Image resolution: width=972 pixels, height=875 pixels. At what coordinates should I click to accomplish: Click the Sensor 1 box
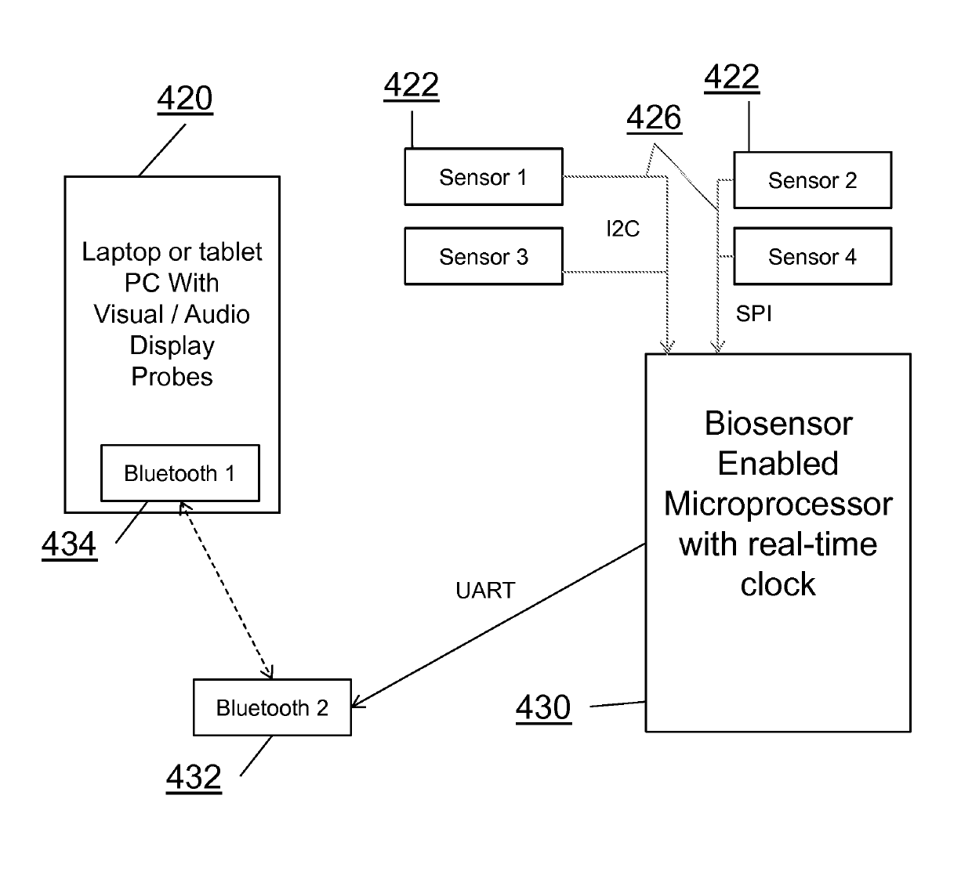pyautogui.click(x=484, y=177)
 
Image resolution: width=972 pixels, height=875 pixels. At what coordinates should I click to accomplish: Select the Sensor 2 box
pyautogui.click(x=813, y=180)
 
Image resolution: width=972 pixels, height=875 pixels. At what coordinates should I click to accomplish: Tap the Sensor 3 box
pyautogui.click(x=484, y=256)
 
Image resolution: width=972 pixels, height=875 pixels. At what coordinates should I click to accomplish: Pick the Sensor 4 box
pyautogui.click(x=813, y=256)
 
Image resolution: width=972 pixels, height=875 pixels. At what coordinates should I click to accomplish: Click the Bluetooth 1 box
pyautogui.click(x=180, y=473)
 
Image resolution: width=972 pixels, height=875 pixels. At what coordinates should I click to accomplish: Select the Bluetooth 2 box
pyautogui.click(x=272, y=707)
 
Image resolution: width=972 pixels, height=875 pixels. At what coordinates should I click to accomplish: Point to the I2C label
pyautogui.click(x=622, y=229)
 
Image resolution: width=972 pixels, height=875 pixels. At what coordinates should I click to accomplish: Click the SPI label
pyautogui.click(x=753, y=314)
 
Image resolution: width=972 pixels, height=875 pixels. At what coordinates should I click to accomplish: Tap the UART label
pyautogui.click(x=485, y=591)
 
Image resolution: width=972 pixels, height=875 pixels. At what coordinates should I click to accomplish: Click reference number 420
pyautogui.click(x=185, y=99)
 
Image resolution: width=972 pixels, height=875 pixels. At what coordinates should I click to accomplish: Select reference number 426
pyautogui.click(x=654, y=118)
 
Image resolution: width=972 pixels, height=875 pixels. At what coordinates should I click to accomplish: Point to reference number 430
pyautogui.click(x=543, y=707)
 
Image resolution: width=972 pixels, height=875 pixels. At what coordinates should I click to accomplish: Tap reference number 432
pyautogui.click(x=194, y=777)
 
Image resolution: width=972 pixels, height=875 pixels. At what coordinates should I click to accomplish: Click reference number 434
pyautogui.click(x=69, y=544)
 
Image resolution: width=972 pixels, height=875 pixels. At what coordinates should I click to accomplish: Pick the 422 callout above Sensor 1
pyautogui.click(x=412, y=85)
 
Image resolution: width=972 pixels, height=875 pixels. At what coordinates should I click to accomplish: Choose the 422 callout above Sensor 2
pyautogui.click(x=731, y=78)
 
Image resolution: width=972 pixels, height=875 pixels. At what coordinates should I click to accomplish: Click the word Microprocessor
pyautogui.click(x=778, y=504)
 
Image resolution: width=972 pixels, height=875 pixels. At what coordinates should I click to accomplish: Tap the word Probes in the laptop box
pyautogui.click(x=172, y=377)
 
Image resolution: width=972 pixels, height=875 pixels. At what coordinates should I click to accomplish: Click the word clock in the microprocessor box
pyautogui.click(x=778, y=584)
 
